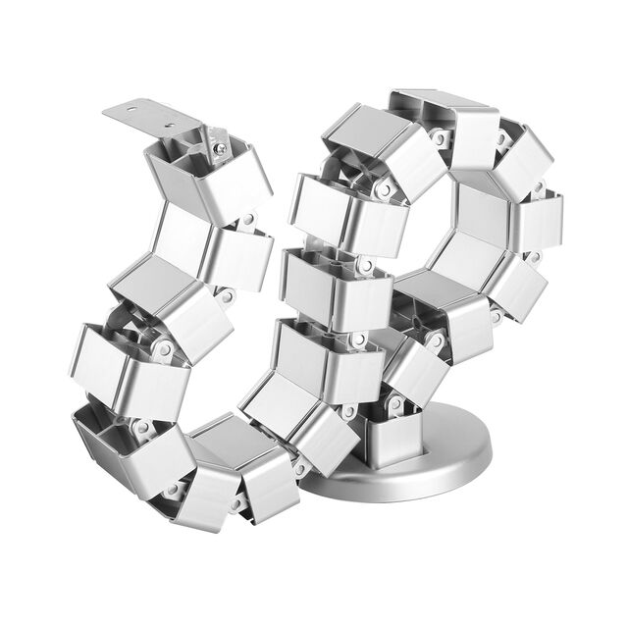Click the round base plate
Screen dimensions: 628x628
pyautogui.click(x=412, y=461)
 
